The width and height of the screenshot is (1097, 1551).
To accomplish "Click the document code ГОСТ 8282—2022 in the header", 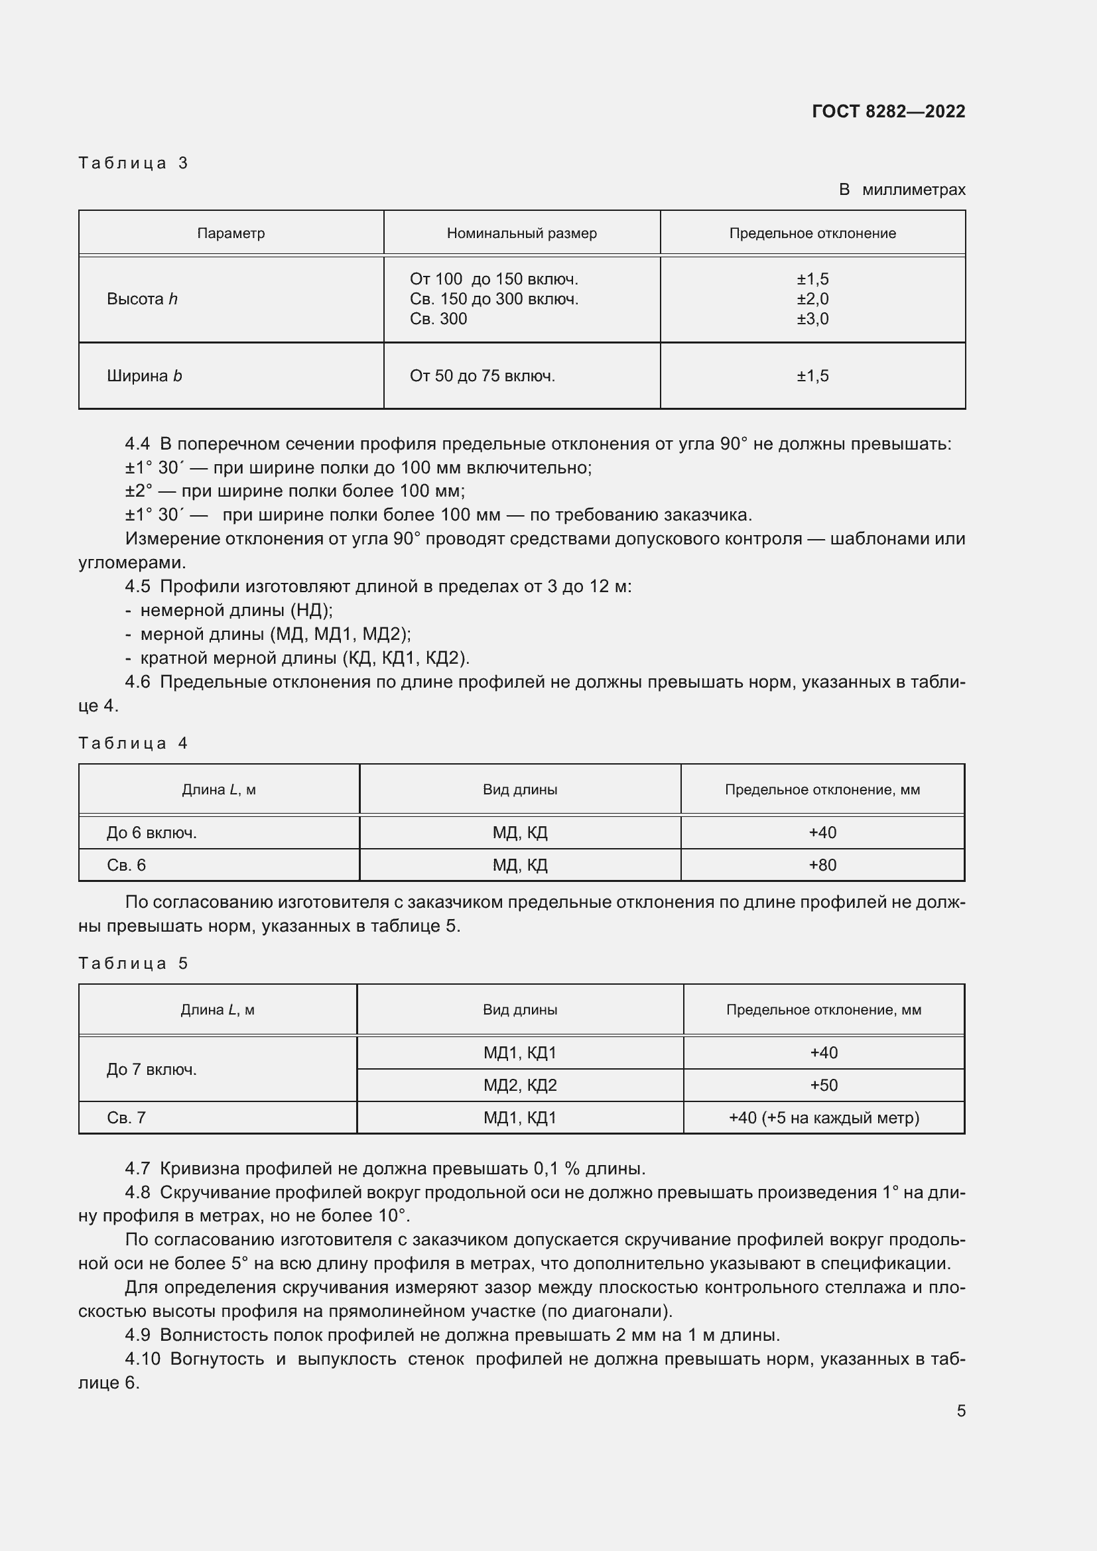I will (887, 111).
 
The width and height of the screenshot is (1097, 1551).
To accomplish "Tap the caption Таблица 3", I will (133, 163).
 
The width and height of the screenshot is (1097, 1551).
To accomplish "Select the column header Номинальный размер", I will (521, 233).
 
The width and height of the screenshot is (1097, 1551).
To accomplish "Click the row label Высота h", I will (142, 298).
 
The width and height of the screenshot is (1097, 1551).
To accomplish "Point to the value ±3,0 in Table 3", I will (812, 319).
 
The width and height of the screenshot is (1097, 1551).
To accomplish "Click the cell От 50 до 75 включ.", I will (482, 375).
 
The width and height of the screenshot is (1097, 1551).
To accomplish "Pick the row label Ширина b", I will (144, 375).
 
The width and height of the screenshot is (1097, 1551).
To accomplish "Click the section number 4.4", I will (137, 444).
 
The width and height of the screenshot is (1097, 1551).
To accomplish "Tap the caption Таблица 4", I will (133, 743).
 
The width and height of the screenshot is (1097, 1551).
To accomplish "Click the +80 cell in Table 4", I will (822, 865).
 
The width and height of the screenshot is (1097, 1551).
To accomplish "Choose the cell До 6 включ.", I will (151, 832).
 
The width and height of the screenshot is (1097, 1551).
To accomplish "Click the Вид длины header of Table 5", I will (519, 1009).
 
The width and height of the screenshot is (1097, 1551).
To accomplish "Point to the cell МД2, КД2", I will (519, 1085).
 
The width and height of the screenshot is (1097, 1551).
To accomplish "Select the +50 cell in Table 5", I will (824, 1085).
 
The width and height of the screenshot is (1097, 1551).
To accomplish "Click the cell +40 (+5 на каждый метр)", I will (824, 1117).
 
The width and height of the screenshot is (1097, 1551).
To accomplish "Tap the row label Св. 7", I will (126, 1117).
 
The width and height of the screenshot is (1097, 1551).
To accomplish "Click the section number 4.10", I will (142, 1359).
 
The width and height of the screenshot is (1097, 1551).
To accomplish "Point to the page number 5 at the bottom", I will (960, 1410).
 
